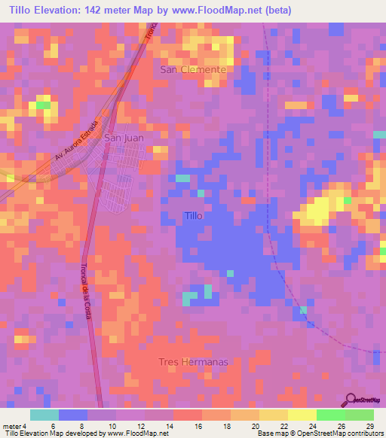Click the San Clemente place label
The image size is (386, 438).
point(193,69)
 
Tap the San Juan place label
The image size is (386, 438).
point(122,138)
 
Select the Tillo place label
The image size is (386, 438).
point(194,216)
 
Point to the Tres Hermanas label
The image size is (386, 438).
point(193,362)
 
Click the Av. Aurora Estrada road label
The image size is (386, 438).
point(77,141)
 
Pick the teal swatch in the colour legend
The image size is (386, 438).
point(44,415)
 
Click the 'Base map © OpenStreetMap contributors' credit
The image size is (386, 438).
point(320,433)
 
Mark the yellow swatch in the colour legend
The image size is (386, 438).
point(302,415)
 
